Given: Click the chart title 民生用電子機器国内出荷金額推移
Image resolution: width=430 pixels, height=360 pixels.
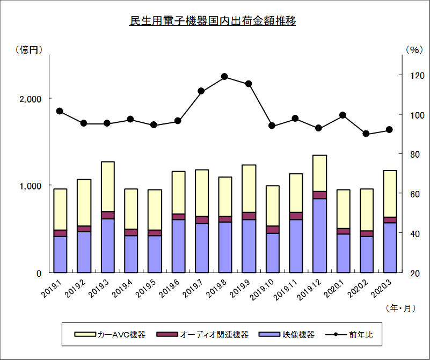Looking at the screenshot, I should point(213,21).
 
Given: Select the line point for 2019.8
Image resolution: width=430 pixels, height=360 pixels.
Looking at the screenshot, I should point(225,77).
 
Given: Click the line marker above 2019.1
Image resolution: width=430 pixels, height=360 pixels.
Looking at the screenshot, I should point(60,111).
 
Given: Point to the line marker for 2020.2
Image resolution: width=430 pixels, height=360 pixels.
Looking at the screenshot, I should point(366,134).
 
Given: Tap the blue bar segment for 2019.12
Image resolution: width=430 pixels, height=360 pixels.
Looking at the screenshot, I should point(319,236).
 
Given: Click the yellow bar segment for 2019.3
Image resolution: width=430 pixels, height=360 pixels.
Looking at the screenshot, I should point(107,186).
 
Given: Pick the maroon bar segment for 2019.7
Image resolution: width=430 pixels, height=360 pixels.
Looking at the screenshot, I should point(202,219).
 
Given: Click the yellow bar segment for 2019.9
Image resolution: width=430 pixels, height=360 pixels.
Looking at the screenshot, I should point(249,188).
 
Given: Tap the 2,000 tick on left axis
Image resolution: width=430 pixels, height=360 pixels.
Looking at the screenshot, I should point(31,99).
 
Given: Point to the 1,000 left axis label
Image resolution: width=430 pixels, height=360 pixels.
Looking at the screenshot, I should point(31,186).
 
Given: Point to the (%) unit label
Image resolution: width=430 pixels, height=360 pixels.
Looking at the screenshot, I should point(414,49).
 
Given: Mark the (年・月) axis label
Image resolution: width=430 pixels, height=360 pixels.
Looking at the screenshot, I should point(400,308).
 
